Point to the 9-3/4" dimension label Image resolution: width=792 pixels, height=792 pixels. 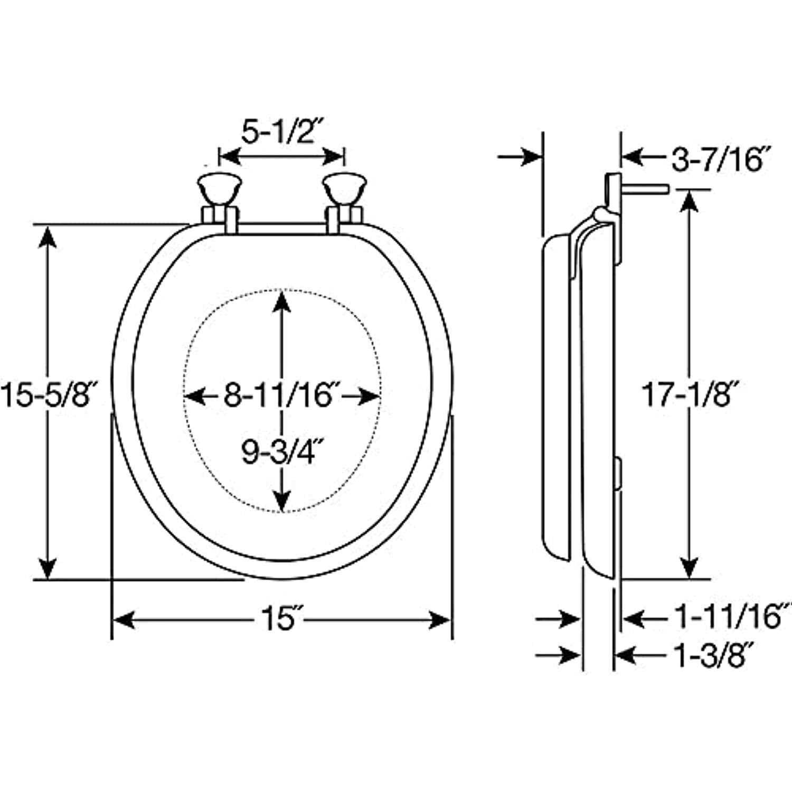click(x=281, y=451)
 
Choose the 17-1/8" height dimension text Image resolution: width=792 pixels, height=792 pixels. click(x=688, y=394)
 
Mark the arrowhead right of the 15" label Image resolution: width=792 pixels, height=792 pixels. click(x=441, y=619)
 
